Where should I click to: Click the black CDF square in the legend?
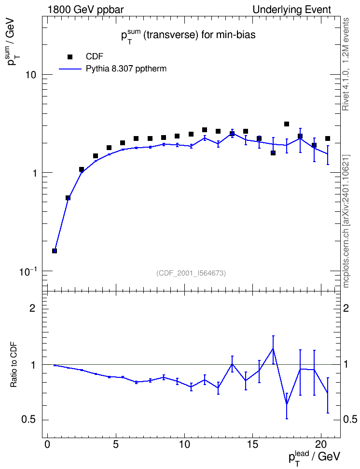(70, 57)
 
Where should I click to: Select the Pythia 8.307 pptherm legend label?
(126, 69)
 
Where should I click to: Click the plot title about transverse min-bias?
(188, 36)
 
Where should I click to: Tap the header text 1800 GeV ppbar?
(85, 10)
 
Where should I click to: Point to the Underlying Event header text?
(292, 10)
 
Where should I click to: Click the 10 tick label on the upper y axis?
(30, 75)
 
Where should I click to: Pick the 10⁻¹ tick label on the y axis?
(28, 271)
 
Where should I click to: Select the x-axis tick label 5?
(116, 444)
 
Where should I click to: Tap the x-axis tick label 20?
(321, 444)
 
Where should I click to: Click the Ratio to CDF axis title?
(14, 365)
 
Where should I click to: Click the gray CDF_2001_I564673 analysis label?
(191, 273)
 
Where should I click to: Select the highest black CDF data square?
(287, 124)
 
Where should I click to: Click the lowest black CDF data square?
(55, 250)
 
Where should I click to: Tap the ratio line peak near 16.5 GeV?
(273, 348)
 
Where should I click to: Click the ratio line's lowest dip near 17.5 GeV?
(287, 404)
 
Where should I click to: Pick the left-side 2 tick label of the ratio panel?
(32, 308)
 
